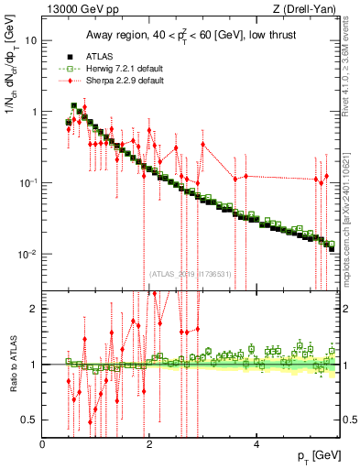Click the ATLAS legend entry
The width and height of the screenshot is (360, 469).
(101, 56)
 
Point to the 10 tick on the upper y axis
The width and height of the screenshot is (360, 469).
(31, 41)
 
